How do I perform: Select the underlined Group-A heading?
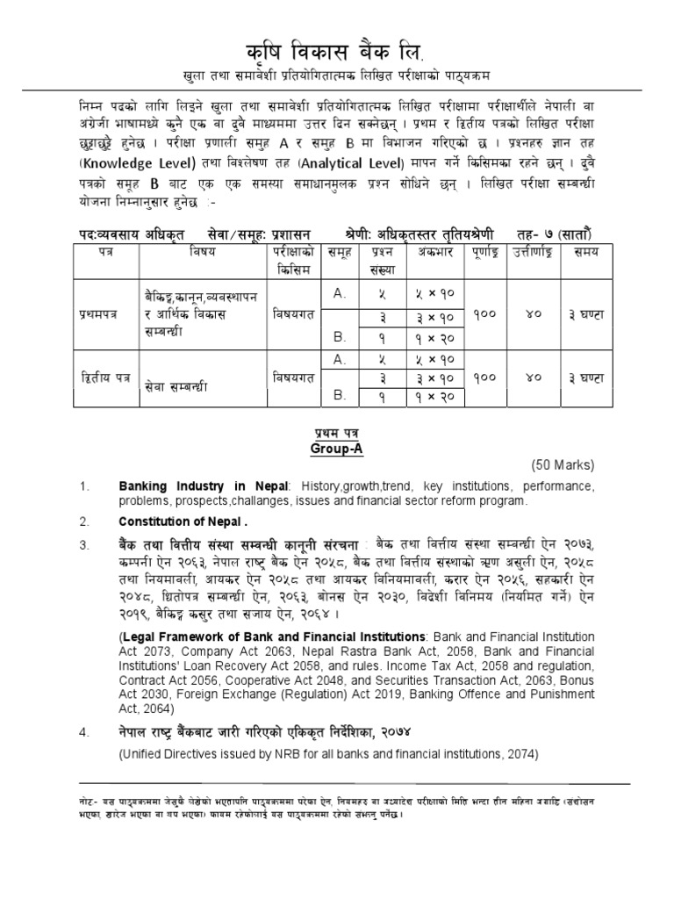click(x=336, y=447)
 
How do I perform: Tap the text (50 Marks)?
click(x=563, y=465)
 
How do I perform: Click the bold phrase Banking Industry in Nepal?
click(x=185, y=486)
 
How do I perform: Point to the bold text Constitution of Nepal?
click(x=176, y=521)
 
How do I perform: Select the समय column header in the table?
click(x=582, y=253)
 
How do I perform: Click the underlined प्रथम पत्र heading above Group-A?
click(x=336, y=434)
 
